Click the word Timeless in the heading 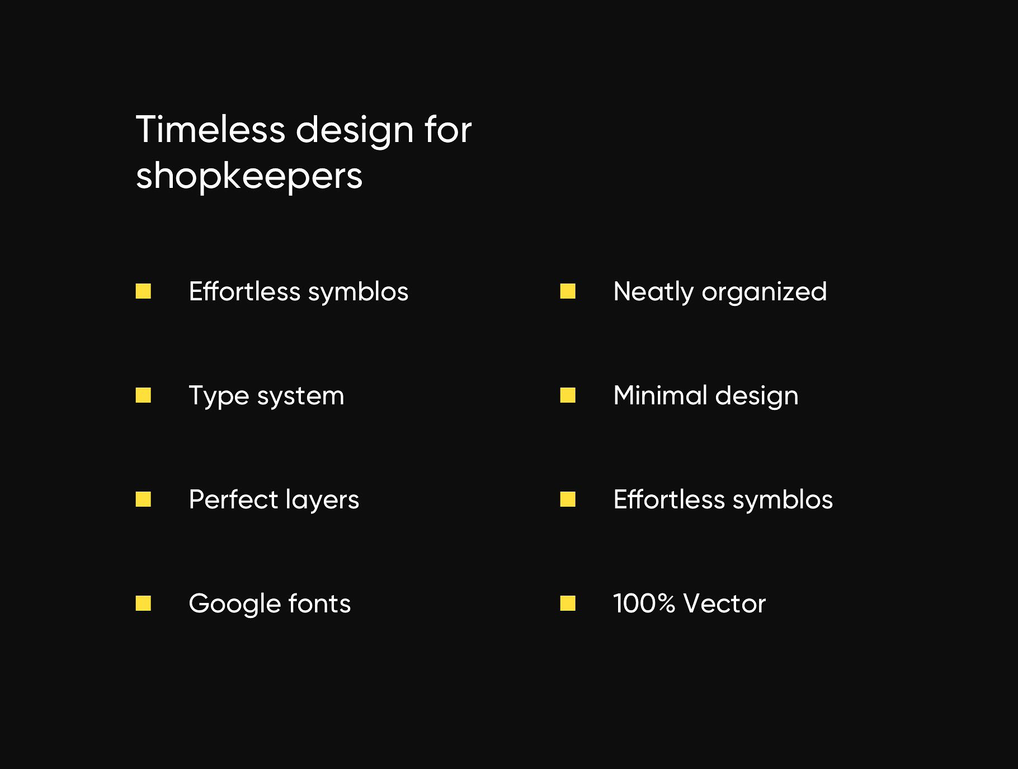(211, 129)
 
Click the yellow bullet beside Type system (143, 395)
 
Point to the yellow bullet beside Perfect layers (143, 499)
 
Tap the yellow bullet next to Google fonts (143, 603)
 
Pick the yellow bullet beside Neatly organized (568, 291)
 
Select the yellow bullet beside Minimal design (568, 395)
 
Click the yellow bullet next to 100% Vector (568, 603)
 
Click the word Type (219, 397)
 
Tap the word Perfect (232, 499)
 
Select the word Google (234, 605)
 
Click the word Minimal (659, 395)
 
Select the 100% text (644, 604)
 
